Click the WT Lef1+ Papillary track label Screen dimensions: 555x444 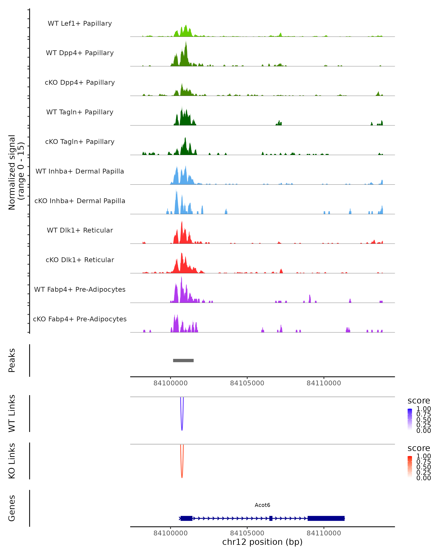(x=80, y=23)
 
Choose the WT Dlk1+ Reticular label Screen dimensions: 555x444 (x=80, y=230)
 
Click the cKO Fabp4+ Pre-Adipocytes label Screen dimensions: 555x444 (x=80, y=319)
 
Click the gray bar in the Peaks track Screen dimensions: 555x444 (x=183, y=360)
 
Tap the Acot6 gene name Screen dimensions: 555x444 (x=262, y=505)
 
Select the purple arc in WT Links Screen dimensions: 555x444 (x=182, y=427)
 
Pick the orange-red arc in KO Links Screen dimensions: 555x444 (x=182, y=475)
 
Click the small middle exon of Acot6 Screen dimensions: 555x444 (x=271, y=518)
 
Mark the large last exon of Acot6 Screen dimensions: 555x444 (x=326, y=518)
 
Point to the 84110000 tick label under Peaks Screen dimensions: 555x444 (x=324, y=383)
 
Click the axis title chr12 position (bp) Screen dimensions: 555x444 (x=262, y=542)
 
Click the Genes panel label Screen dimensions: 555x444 (x=12, y=508)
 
